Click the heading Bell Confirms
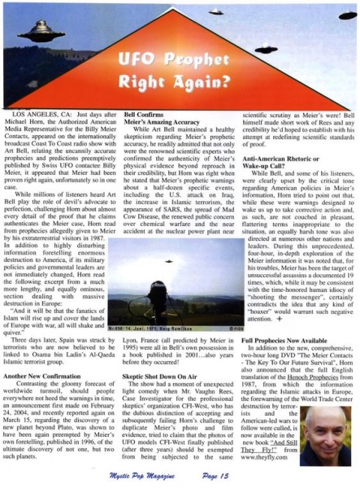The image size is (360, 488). pyautogui.click(x=145, y=118)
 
